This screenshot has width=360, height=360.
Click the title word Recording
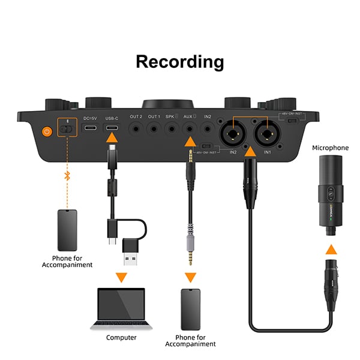[x=180, y=61]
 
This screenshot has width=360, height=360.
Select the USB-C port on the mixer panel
[x=112, y=128]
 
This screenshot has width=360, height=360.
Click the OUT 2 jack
[x=136, y=127]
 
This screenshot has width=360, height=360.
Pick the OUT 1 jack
[x=154, y=127]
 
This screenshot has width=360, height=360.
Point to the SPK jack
[x=173, y=127]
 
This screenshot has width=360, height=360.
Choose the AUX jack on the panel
[x=190, y=127]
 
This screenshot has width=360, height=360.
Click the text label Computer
[x=121, y=338]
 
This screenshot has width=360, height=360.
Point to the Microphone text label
[x=330, y=148]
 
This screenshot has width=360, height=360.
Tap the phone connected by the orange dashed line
[x=67, y=230]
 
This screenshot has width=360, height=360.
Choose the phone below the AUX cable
[x=190, y=309]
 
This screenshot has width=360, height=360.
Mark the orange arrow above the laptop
[x=121, y=277]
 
